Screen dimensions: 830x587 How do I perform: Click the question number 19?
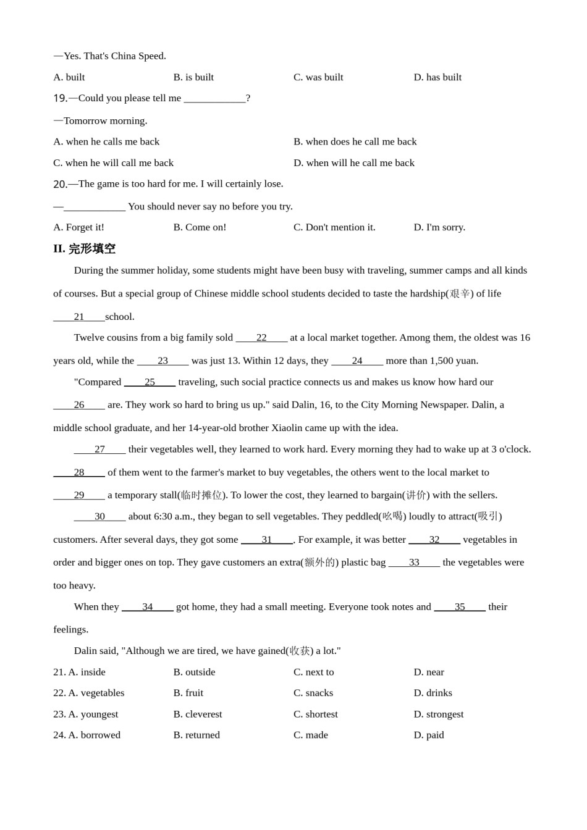60,98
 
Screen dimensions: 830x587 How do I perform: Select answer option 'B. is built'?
193,77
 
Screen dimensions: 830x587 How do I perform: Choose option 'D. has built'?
437,77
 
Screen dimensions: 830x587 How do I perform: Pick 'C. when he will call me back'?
113,163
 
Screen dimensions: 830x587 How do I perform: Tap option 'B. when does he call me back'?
355,142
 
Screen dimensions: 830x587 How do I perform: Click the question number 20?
60,184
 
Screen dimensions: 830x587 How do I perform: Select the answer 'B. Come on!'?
200,227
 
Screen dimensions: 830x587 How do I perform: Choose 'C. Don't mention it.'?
334,227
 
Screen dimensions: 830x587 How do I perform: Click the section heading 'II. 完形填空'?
84,249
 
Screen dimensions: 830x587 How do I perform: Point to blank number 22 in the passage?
261,338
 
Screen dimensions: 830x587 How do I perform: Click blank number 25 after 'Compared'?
150,382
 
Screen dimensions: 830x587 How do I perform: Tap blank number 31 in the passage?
266,540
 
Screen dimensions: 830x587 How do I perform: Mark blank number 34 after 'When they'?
147,607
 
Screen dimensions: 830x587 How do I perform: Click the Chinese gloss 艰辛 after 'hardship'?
460,294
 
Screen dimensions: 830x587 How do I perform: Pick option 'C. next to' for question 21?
313,672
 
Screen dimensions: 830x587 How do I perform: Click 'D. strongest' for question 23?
438,714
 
